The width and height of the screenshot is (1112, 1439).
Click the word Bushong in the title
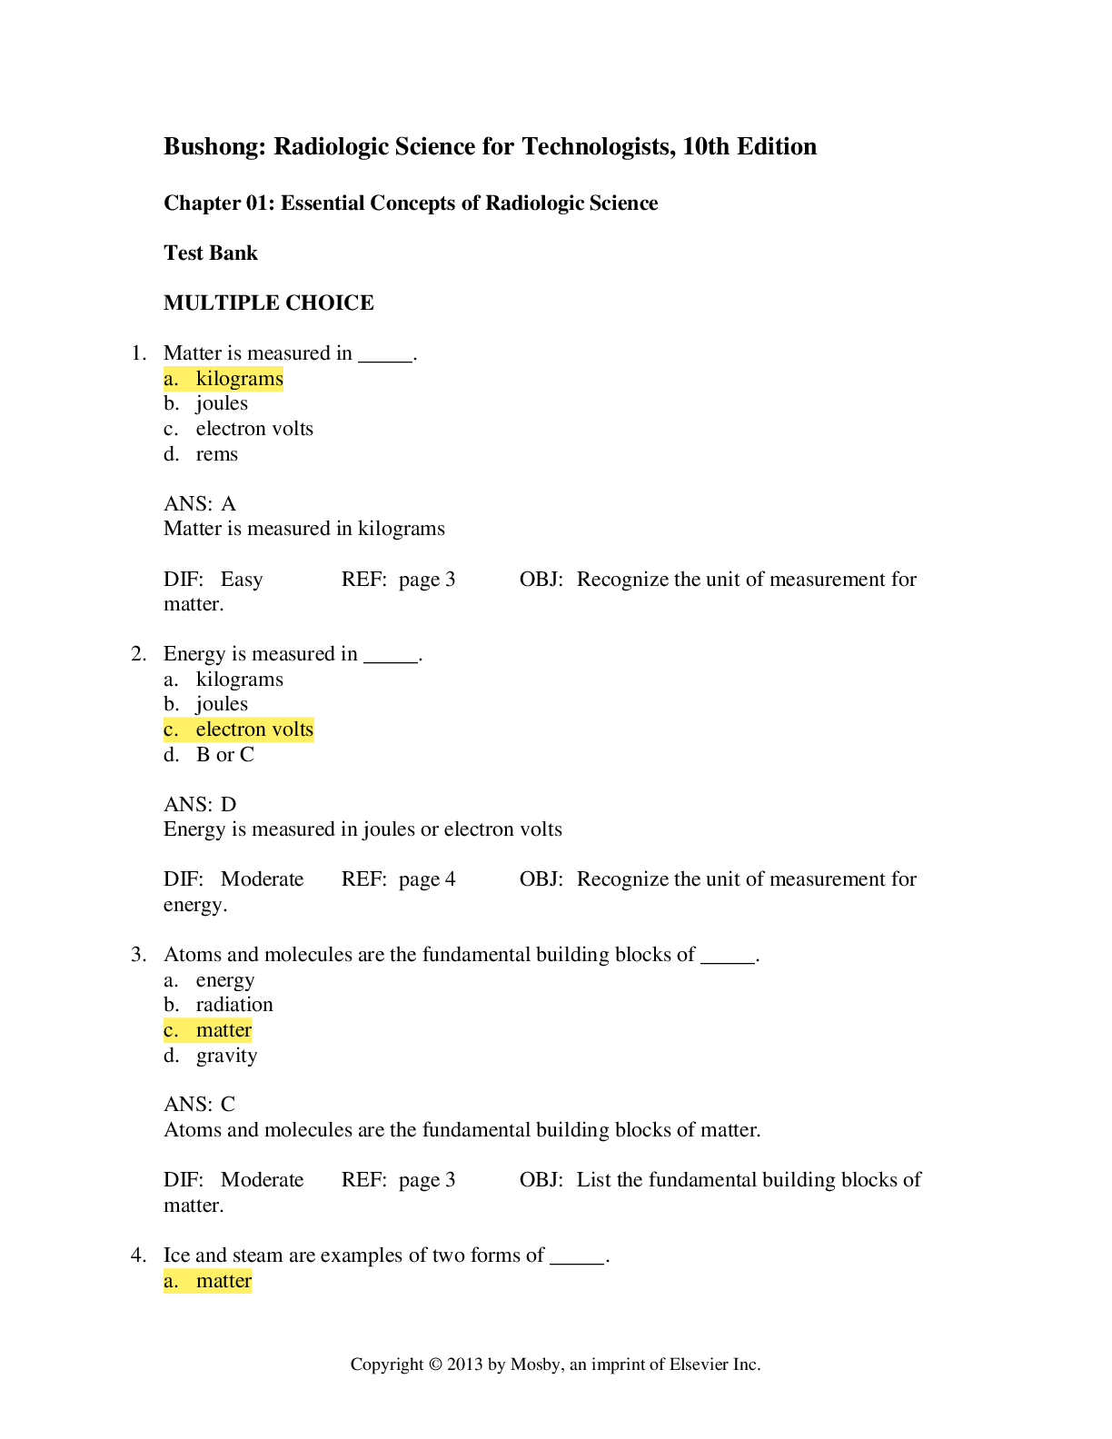click(x=213, y=146)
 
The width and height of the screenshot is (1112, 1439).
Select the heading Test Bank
click(x=211, y=253)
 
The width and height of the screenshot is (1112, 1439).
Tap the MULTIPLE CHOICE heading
click(x=269, y=303)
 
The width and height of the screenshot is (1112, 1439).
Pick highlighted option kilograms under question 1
click(x=223, y=378)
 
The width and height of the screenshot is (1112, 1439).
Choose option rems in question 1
click(x=216, y=454)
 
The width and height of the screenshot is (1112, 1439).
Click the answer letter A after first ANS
click(x=229, y=504)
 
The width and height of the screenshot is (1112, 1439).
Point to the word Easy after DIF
click(x=242, y=580)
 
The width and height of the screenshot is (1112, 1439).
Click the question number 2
click(x=138, y=653)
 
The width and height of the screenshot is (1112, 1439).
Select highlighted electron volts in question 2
click(x=238, y=729)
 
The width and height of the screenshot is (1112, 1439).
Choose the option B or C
click(x=224, y=754)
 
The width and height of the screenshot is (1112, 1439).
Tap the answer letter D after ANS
click(x=229, y=805)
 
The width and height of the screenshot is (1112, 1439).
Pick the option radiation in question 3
click(x=234, y=1005)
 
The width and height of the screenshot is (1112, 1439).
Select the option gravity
click(x=226, y=1056)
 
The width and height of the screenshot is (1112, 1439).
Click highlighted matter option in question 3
click(x=207, y=1030)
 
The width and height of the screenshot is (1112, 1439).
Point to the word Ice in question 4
click(x=177, y=1255)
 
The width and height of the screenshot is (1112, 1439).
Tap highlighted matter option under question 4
click(x=207, y=1281)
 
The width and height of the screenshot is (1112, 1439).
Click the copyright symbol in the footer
click(x=435, y=1365)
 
